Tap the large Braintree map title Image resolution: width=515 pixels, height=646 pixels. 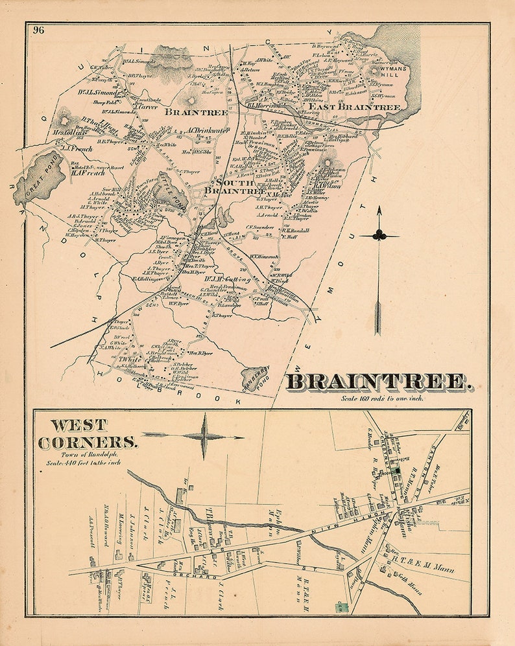tap(379, 382)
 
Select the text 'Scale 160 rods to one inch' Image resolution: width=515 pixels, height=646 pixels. tap(383, 398)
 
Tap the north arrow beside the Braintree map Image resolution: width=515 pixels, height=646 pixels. tap(378, 272)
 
